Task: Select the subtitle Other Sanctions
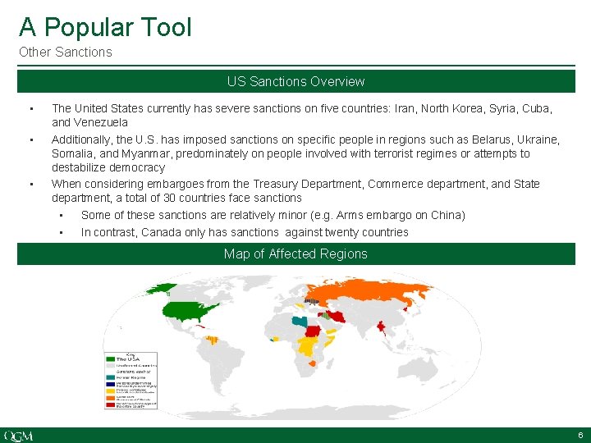(x=65, y=53)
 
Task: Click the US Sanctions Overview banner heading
(x=295, y=81)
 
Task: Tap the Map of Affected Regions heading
(x=295, y=253)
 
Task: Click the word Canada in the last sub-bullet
(x=158, y=232)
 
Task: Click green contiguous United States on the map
(x=190, y=309)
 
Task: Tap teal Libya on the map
(x=307, y=322)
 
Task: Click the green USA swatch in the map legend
(x=110, y=359)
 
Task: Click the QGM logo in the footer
(x=19, y=435)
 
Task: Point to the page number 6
(x=580, y=435)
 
